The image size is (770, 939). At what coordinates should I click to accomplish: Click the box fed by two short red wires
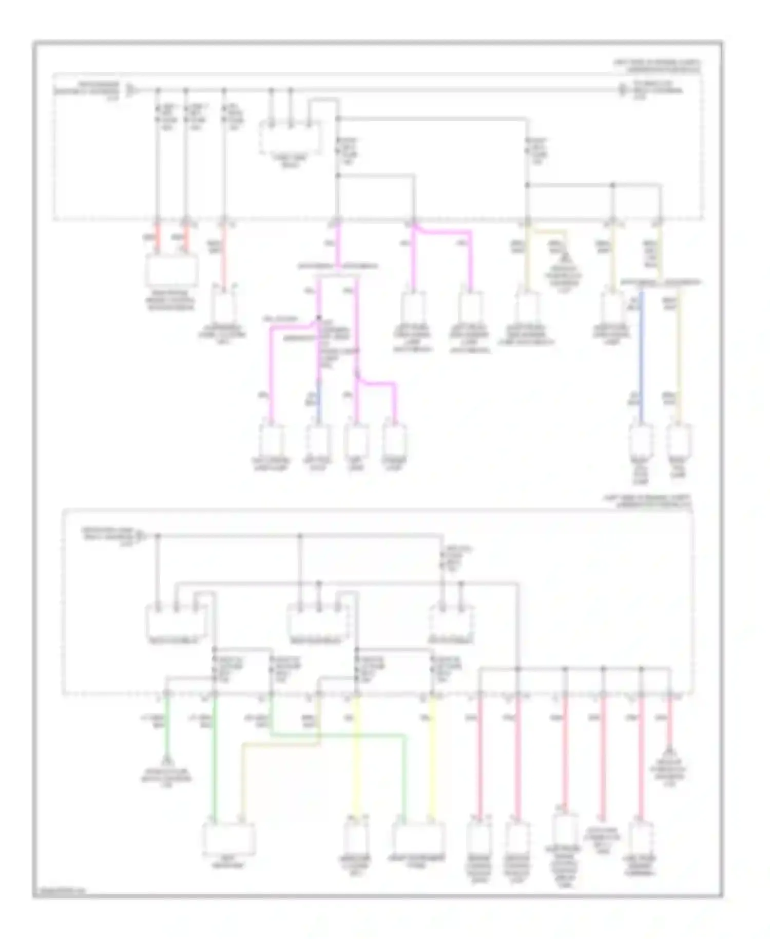click(172, 269)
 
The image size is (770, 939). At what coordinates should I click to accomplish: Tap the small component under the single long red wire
click(223, 308)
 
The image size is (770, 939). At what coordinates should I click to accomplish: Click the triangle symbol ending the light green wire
click(166, 761)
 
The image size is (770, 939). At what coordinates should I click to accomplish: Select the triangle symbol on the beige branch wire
click(566, 258)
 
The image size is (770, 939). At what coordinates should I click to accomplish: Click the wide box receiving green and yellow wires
click(418, 838)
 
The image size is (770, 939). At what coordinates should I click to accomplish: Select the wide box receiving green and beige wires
click(228, 838)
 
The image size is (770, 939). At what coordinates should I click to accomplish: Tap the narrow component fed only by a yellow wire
click(356, 838)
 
